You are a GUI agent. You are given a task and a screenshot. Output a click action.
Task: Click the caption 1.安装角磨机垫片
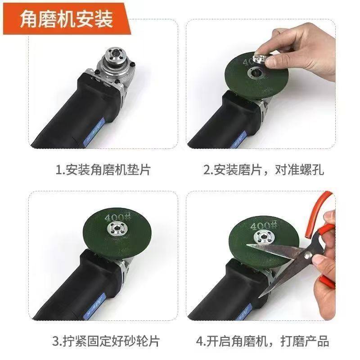tap(103, 170)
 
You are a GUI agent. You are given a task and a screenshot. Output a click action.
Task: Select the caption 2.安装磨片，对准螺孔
tap(264, 170)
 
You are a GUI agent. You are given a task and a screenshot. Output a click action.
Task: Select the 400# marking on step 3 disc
tap(114, 218)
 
